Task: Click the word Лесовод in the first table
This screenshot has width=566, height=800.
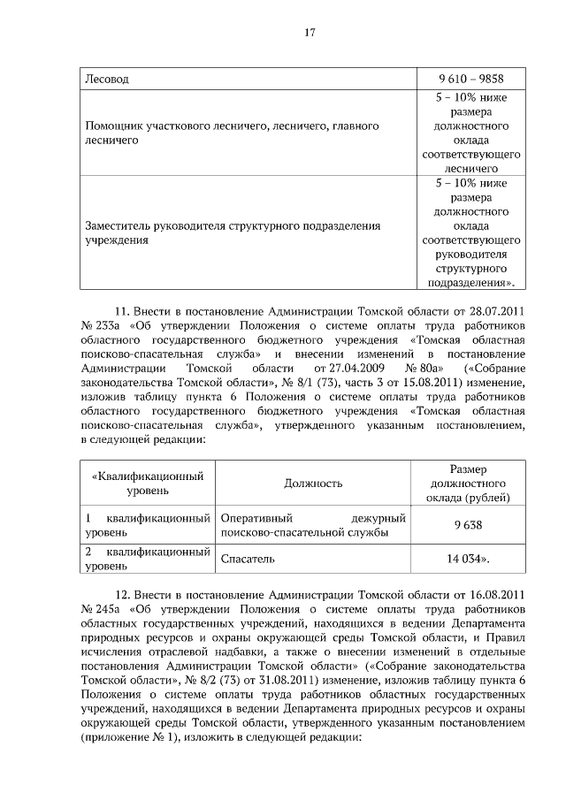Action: (x=106, y=79)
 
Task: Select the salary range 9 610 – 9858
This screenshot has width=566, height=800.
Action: (x=470, y=79)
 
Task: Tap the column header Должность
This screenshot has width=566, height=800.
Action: (x=313, y=484)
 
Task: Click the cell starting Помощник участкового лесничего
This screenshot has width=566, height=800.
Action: (x=232, y=133)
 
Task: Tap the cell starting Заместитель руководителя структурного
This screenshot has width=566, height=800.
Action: (x=233, y=232)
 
